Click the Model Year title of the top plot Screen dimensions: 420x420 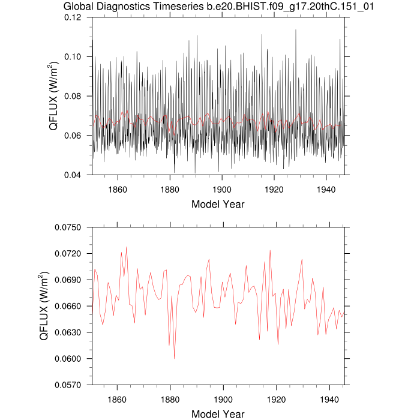(218, 204)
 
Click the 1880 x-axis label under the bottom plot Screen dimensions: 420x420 (170, 398)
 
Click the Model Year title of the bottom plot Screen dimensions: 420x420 (218, 414)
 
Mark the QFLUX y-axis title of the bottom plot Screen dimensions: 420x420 (44, 306)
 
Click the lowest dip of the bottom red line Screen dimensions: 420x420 (175, 358)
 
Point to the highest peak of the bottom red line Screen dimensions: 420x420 (127, 247)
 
